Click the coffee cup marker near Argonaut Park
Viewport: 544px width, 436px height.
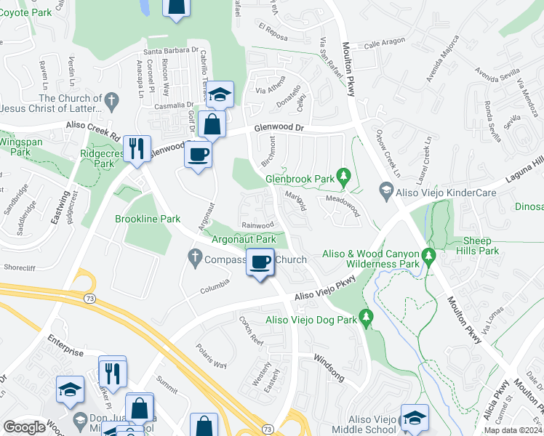tap(260, 262)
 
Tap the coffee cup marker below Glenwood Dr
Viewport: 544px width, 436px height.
tap(199, 154)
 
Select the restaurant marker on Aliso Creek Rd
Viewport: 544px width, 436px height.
tap(137, 149)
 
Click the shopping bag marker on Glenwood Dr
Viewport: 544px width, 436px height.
tap(212, 125)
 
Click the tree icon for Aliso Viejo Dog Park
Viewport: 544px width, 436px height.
tap(367, 316)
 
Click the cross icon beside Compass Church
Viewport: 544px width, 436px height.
tap(194, 257)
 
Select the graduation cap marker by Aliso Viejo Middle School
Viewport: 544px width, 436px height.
tap(414, 418)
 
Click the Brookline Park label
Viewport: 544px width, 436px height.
tap(148, 218)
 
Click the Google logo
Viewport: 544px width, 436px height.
tap(24, 427)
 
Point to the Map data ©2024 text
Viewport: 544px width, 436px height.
tap(513, 430)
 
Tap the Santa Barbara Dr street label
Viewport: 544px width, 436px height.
tap(171, 51)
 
